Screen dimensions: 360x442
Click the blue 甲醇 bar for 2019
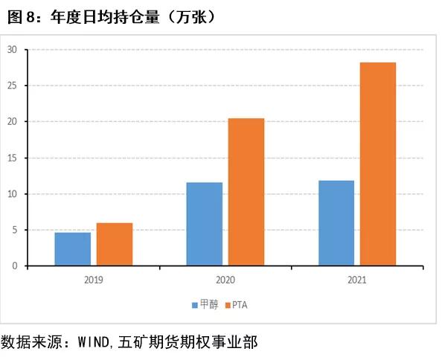tap(73, 249)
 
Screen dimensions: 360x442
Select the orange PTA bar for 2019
tap(115, 245)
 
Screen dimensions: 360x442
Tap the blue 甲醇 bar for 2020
tap(205, 224)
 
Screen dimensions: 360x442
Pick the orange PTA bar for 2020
tap(246, 192)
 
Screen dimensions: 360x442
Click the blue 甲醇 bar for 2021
tap(336, 223)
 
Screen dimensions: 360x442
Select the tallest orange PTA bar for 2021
tap(378, 164)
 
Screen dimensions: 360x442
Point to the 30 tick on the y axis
tap(13, 50)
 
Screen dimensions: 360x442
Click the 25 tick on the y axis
tap(13, 86)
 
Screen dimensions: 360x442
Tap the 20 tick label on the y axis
tap(13, 122)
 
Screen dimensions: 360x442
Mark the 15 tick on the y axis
tap(13, 158)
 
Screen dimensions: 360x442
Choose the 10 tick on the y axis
tap(13, 194)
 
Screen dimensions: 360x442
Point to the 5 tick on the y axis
tap(15, 230)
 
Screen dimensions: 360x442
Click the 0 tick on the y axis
tap(15, 266)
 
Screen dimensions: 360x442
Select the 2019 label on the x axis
tap(94, 280)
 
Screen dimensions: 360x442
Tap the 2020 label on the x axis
tap(225, 280)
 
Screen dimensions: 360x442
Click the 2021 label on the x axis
tap(357, 280)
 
